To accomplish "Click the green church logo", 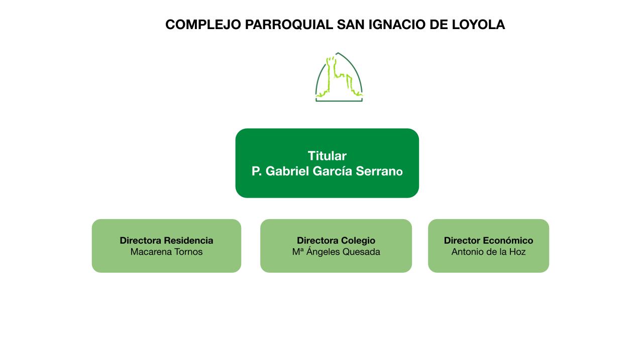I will [339, 77].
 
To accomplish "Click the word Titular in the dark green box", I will [327, 156].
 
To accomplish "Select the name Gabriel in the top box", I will [287, 171].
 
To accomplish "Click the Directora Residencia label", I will [166, 241].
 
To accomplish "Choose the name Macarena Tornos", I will [166, 252].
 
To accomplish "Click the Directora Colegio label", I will [336, 241].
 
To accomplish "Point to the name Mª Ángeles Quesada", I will [336, 252].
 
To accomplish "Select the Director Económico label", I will [488, 241].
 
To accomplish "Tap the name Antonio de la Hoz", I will [488, 252].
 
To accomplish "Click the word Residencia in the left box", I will [188, 241].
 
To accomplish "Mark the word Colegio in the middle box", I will [358, 241].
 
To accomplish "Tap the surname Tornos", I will [188, 252].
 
